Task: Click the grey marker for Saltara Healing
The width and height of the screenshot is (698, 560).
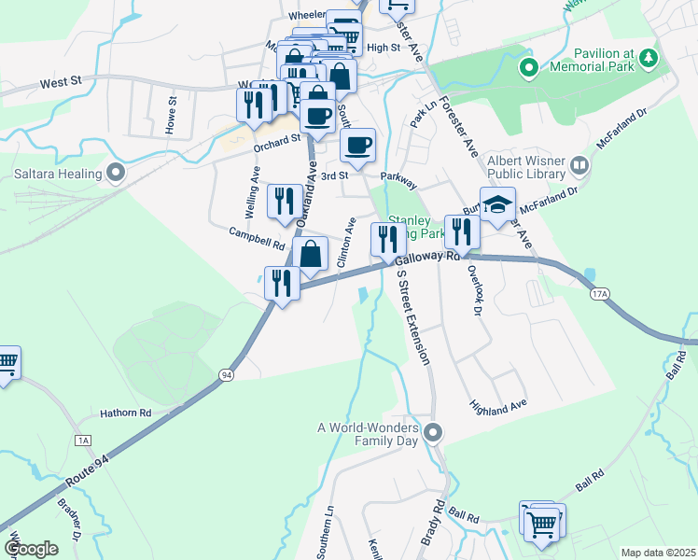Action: click(116, 172)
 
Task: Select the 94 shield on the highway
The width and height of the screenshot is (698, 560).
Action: click(226, 374)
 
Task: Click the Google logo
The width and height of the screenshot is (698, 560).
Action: click(31, 548)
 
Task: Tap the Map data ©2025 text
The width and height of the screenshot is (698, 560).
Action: click(657, 553)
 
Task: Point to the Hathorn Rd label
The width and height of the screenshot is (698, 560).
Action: click(126, 412)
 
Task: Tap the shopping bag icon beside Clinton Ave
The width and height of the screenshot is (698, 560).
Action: click(310, 254)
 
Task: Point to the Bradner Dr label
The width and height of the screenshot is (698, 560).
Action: click(68, 528)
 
